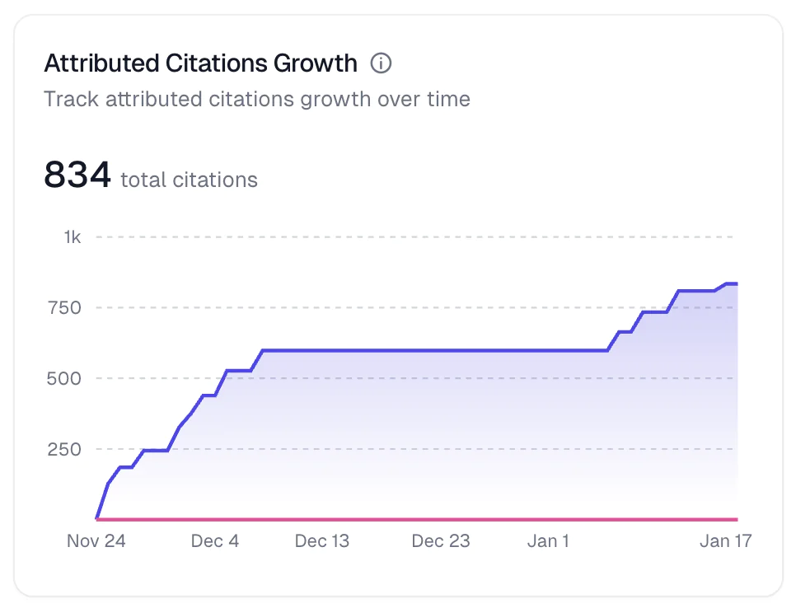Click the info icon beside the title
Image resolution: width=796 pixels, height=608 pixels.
click(381, 63)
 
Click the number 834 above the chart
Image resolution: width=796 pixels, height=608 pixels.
click(77, 175)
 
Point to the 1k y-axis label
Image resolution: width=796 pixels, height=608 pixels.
click(73, 237)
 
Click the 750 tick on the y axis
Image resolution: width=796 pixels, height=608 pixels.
click(67, 308)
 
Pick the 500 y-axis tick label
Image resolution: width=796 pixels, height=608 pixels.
click(67, 379)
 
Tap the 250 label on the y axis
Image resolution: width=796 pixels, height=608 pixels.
click(67, 450)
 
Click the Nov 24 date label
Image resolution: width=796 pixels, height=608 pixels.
click(96, 541)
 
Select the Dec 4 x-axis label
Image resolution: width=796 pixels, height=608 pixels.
click(215, 541)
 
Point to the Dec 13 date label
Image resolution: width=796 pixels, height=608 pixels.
click(322, 541)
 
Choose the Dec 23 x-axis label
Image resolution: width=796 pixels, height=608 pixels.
click(441, 541)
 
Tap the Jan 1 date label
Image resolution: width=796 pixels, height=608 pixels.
click(548, 541)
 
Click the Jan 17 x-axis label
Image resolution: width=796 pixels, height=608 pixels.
click(726, 541)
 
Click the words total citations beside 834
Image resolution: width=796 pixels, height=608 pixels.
click(189, 180)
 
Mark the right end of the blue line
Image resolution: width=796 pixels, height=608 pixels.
click(737, 283)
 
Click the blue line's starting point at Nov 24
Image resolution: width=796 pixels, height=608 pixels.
click(97, 518)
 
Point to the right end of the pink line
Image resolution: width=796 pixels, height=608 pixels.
click(737, 519)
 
